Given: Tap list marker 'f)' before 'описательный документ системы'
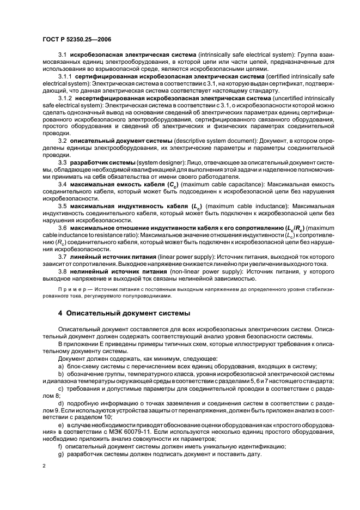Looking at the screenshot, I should [61, 446].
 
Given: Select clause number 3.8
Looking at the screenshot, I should [62, 271].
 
